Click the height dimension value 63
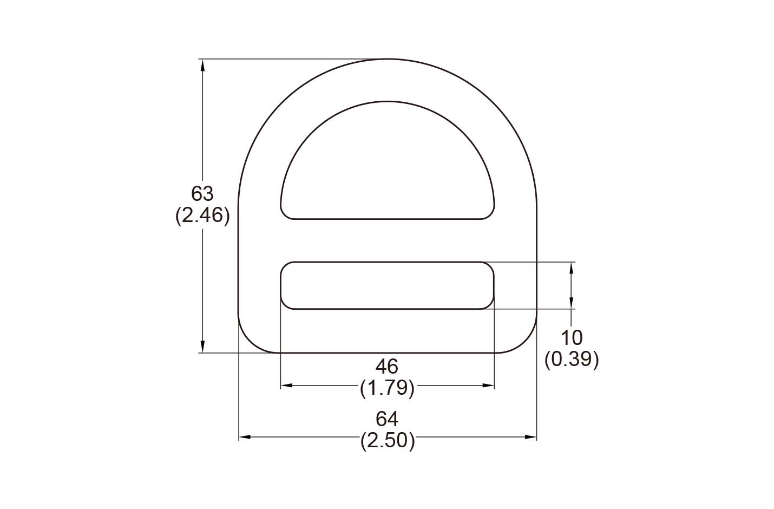[x=202, y=194]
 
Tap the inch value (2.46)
[x=202, y=216]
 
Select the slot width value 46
[x=387, y=367]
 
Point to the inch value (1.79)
[x=387, y=388]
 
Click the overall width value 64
[x=387, y=419]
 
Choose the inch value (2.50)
[x=388, y=441]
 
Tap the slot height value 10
[x=572, y=338]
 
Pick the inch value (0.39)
[x=572, y=360]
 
